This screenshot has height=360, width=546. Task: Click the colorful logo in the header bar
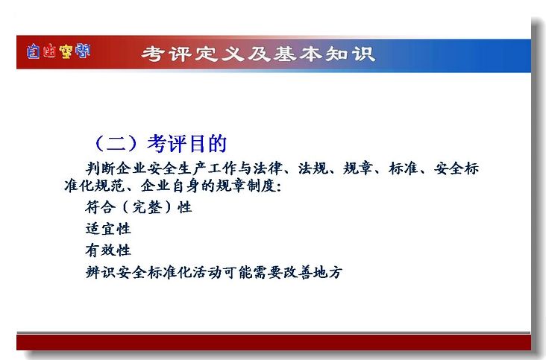click(x=58, y=51)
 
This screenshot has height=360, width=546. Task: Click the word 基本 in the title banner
click(x=298, y=54)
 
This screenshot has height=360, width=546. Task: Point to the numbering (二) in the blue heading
click(x=116, y=143)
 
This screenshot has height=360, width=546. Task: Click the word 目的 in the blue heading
click(x=208, y=143)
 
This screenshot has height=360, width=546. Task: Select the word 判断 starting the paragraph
click(x=100, y=168)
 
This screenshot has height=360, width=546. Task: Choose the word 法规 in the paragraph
click(x=313, y=168)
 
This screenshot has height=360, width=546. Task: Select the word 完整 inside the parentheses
click(x=147, y=207)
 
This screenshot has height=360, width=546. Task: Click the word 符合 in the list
click(x=100, y=207)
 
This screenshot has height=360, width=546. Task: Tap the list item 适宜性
click(x=108, y=229)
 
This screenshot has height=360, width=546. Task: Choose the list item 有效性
click(x=108, y=250)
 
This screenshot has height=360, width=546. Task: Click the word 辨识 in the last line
click(x=100, y=272)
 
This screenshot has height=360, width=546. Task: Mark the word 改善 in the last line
click(x=298, y=272)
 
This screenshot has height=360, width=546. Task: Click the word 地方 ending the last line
click(x=327, y=272)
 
